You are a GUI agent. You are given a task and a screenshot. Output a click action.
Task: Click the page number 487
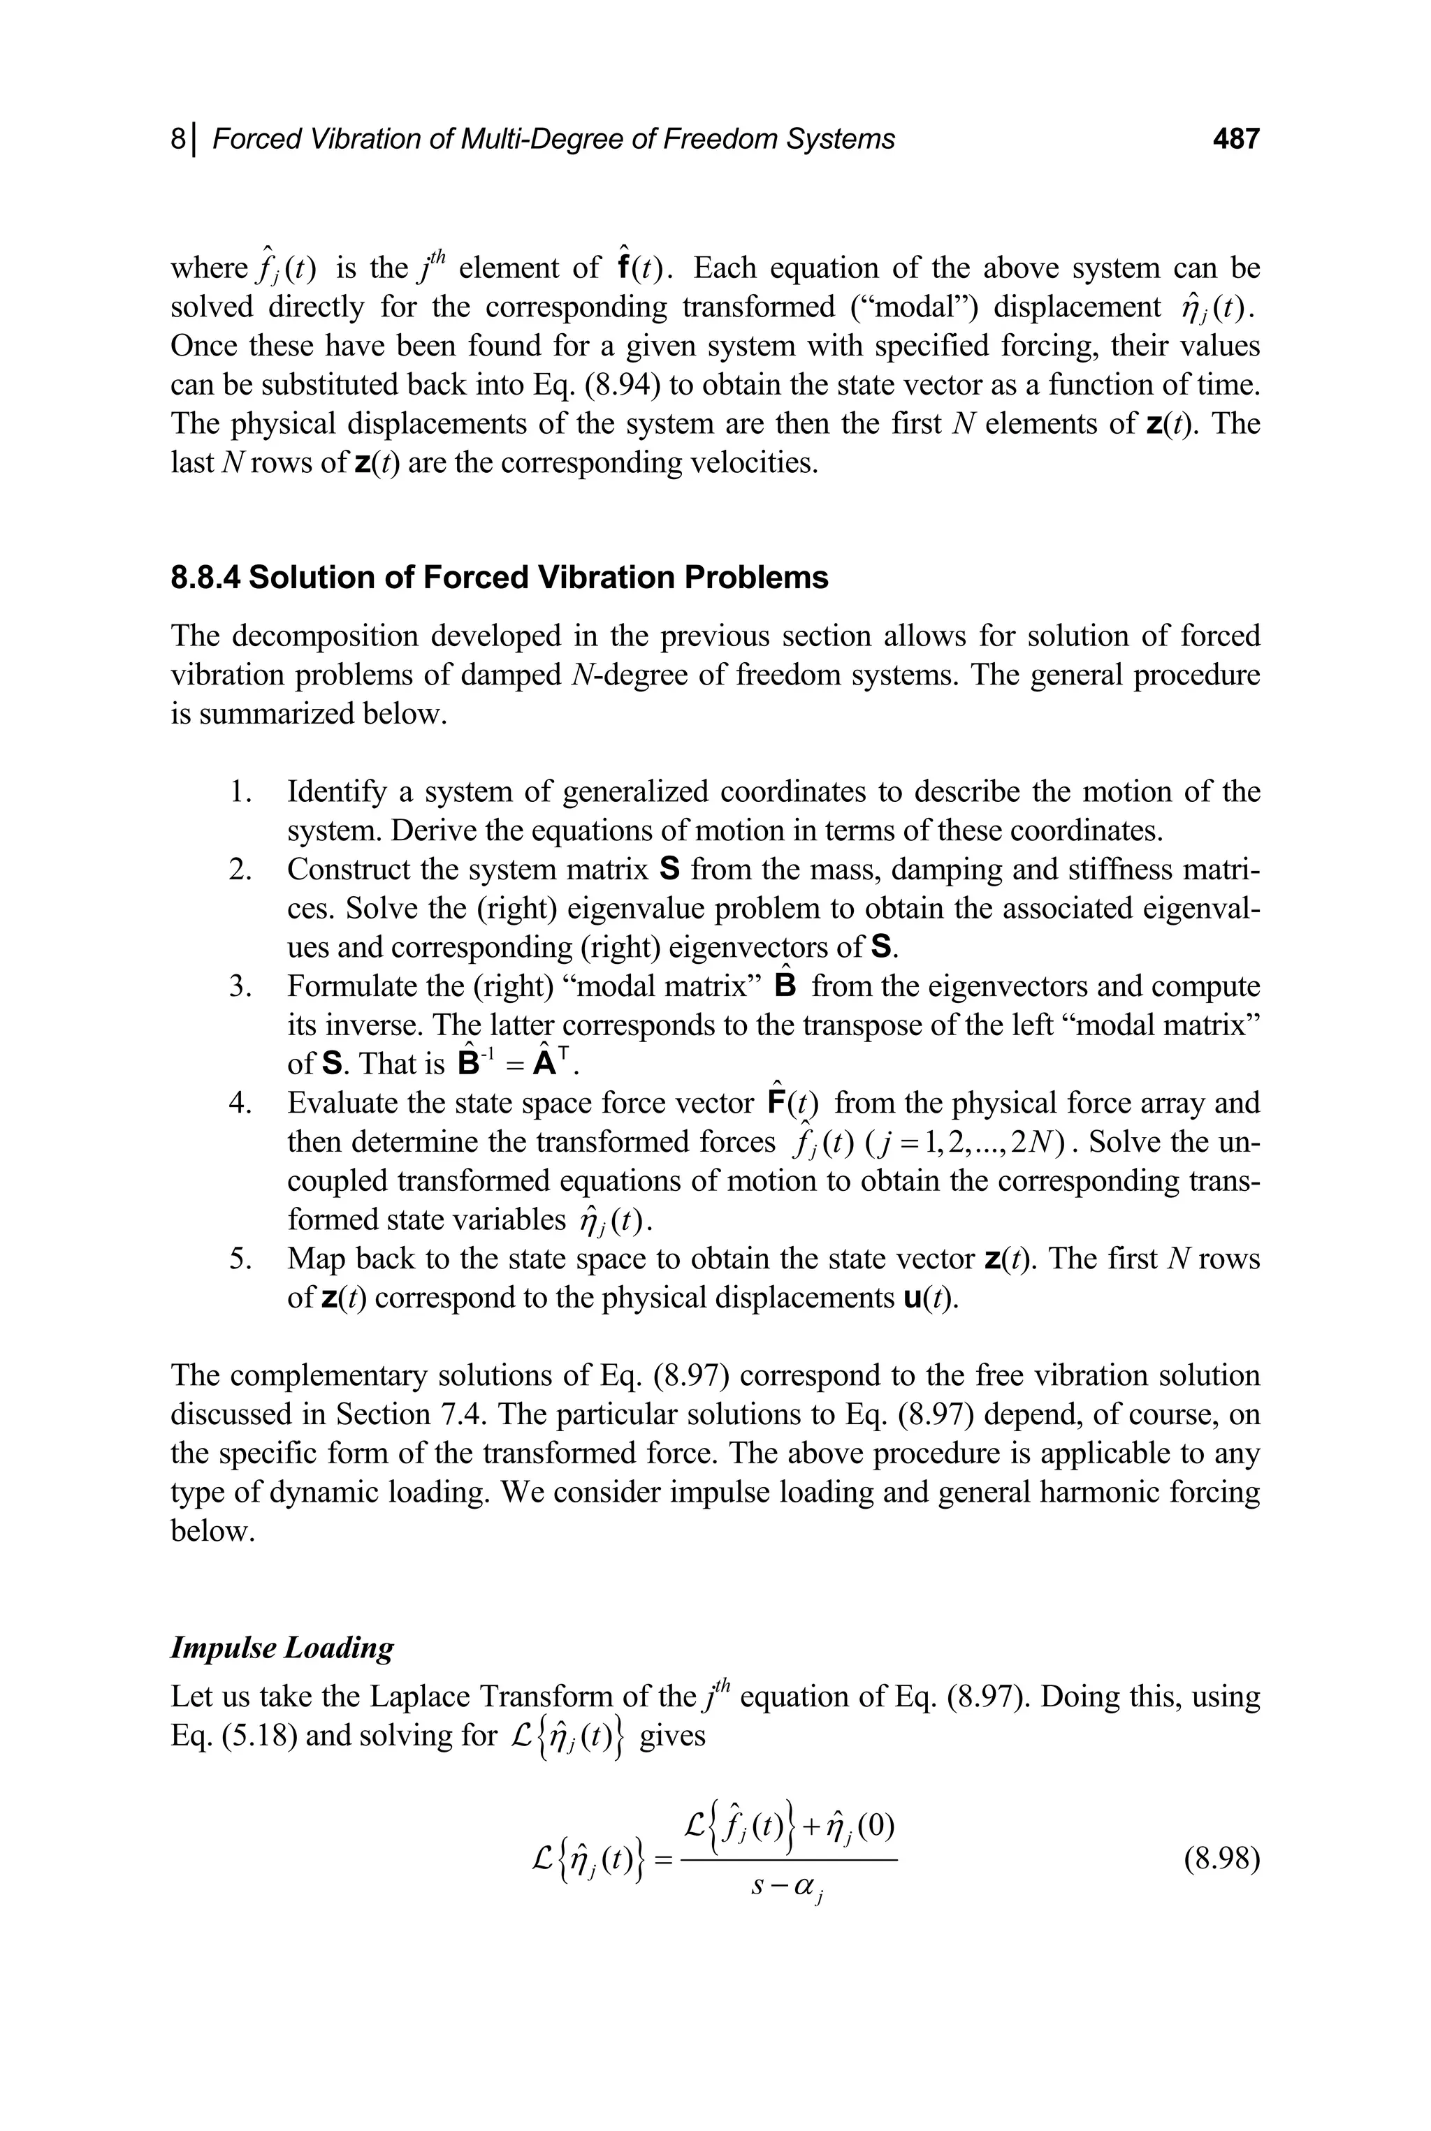pos(1235,139)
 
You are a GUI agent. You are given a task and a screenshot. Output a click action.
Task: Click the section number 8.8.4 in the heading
pos(205,578)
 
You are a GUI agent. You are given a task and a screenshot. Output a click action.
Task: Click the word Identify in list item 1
pos(337,791)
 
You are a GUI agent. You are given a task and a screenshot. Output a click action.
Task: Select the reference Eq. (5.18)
pos(233,1734)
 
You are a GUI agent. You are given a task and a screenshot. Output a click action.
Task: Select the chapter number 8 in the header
pos(178,139)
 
